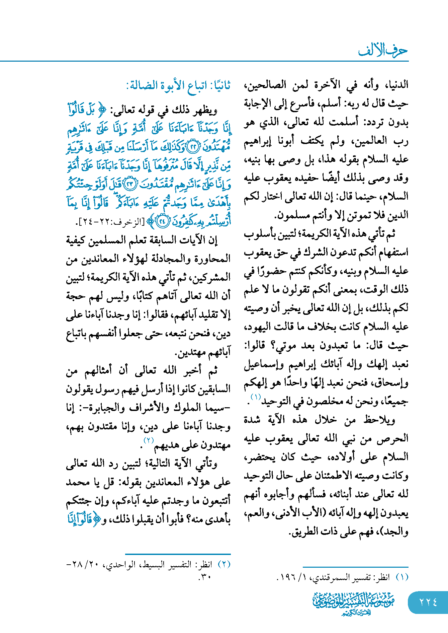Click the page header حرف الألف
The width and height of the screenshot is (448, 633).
coord(383,50)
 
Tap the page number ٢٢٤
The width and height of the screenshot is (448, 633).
coord(428,602)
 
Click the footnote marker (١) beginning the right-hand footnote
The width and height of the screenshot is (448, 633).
coord(402,577)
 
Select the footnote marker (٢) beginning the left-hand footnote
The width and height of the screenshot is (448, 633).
coord(224,564)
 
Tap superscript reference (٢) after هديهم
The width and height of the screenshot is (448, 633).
coord(149,440)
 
